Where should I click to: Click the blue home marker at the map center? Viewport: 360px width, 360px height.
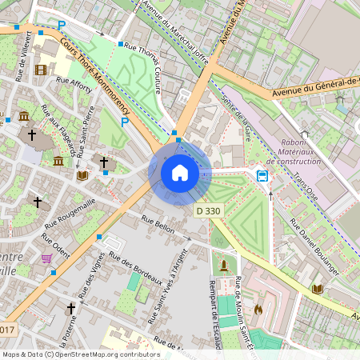pos(180,172)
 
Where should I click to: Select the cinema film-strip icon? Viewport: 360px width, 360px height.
pos(41,70)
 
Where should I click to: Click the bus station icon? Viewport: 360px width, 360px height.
pos(262,175)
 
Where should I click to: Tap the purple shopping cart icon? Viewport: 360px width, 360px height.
pos(46,258)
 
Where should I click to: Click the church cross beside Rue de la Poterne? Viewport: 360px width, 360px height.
pos(70,307)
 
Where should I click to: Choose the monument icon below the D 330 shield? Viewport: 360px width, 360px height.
pos(224,264)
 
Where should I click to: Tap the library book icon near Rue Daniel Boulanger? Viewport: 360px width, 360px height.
pos(317,289)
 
